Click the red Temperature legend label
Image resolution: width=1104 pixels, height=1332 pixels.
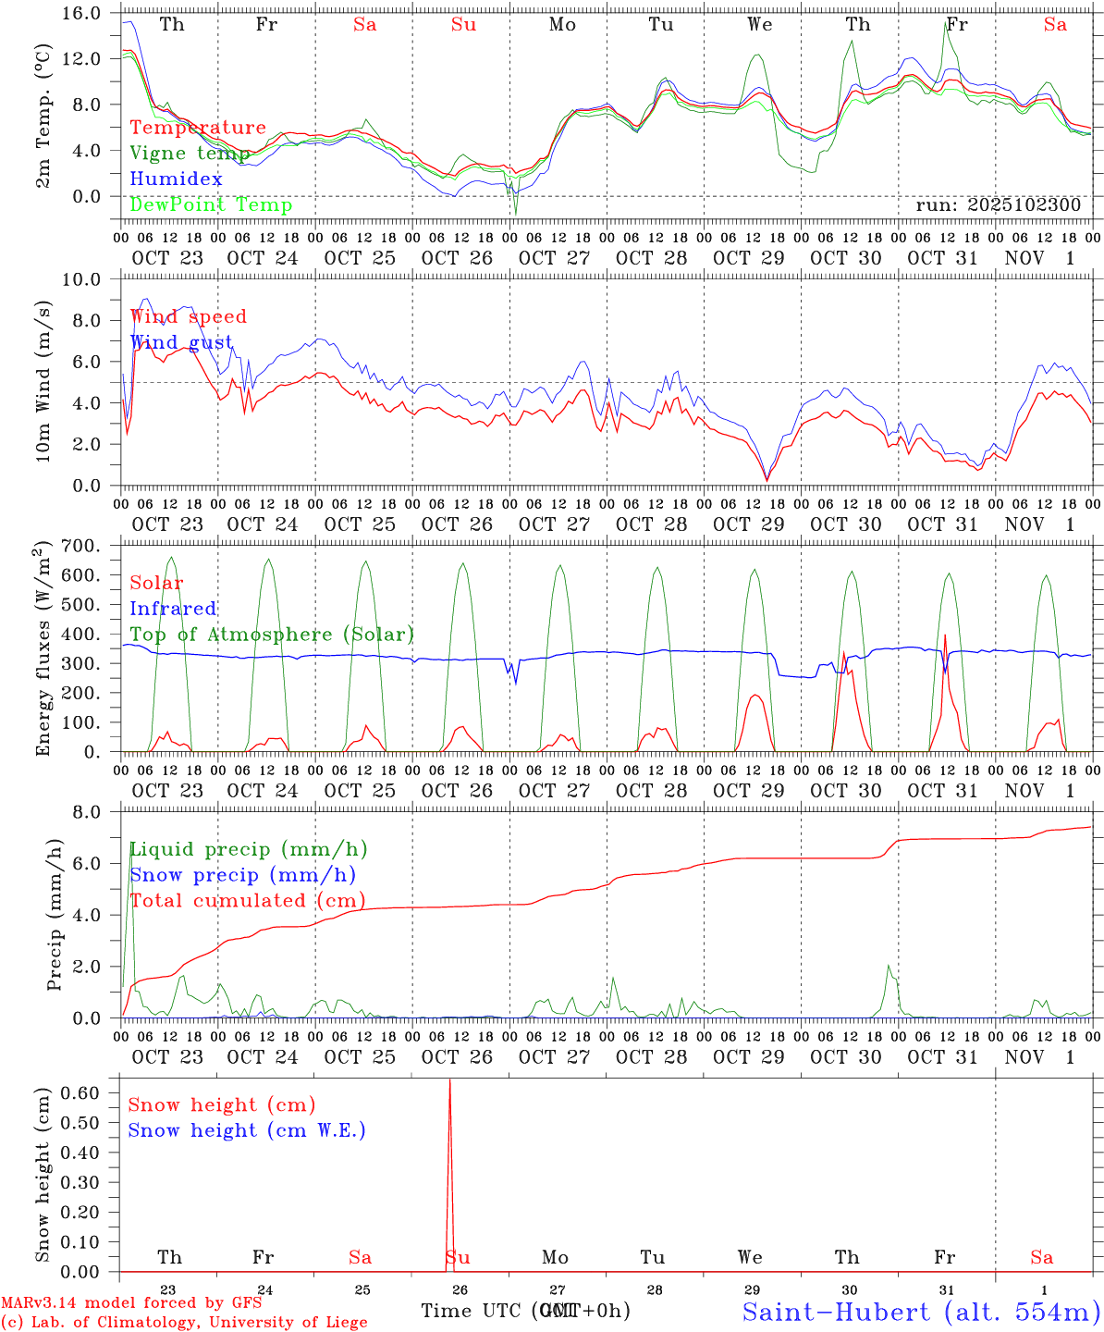click(198, 128)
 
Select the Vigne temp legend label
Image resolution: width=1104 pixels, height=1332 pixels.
click(190, 154)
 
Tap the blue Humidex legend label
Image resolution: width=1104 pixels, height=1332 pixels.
click(176, 179)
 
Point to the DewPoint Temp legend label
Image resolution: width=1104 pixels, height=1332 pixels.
click(211, 205)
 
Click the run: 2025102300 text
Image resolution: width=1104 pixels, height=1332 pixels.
click(998, 205)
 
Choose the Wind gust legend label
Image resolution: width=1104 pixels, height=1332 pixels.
click(181, 342)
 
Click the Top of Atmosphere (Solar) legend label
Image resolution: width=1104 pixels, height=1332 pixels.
click(272, 635)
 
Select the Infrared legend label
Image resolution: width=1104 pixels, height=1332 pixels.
click(173, 609)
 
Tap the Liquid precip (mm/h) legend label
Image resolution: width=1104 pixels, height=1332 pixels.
click(248, 849)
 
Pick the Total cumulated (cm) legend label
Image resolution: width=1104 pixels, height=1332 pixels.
click(247, 901)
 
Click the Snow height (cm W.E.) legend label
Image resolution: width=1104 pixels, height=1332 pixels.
click(247, 1130)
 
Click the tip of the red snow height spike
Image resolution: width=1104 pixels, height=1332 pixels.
click(450, 1080)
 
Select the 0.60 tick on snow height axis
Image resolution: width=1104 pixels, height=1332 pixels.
click(81, 1092)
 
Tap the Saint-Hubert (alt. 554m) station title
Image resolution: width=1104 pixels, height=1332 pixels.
click(921, 1312)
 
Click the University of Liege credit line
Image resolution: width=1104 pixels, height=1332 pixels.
click(184, 1323)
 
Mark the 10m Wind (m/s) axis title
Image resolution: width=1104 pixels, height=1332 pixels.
click(43, 381)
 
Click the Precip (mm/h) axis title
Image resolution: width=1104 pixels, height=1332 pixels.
click(55, 916)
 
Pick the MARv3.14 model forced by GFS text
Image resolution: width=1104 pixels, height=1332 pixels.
click(130, 1302)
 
